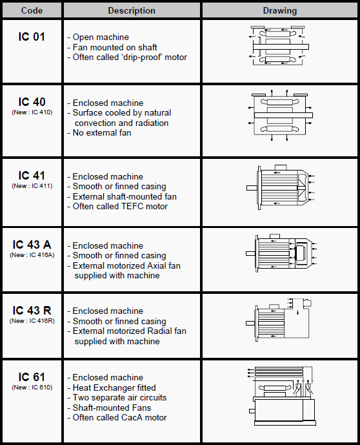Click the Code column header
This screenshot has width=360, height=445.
32,10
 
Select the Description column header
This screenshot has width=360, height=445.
132,10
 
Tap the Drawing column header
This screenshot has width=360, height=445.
280,10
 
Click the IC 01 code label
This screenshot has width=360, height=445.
32,37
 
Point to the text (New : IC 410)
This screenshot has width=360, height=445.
32,112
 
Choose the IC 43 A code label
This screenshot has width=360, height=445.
32,244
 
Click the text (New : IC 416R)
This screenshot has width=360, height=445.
32,321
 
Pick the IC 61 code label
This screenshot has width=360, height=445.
32,377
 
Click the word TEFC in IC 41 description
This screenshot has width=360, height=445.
132,206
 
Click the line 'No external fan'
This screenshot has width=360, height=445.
99,132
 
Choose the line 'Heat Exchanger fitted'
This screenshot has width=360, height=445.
112,388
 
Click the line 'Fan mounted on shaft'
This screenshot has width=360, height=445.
112,47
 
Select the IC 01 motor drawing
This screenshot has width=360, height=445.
279,46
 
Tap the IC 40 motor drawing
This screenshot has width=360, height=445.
280,116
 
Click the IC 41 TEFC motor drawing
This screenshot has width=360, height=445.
281,187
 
